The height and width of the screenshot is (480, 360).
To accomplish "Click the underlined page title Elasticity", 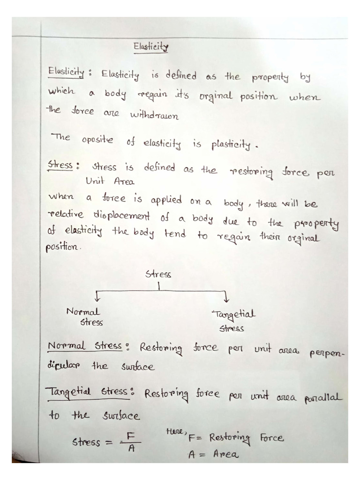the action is point(150,47).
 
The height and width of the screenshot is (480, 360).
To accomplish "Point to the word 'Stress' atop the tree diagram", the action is point(158,274).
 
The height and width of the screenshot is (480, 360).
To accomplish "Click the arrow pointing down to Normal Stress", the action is point(97,296).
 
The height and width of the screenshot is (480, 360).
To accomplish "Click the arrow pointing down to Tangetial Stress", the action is point(226,296).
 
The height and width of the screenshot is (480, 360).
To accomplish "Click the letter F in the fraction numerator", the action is point(131,436).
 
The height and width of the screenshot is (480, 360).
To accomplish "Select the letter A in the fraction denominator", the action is point(132,448).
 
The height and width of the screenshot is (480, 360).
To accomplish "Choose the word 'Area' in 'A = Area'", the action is point(226,454).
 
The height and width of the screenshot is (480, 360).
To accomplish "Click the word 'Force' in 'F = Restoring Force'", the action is point(272,438).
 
